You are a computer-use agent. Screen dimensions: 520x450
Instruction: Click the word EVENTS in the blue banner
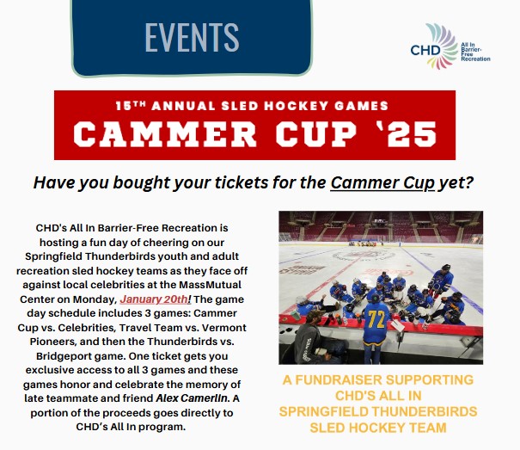tap(192, 37)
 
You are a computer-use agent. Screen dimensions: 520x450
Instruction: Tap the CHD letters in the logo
tap(425, 51)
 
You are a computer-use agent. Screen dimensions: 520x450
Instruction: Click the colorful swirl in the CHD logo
tap(442, 46)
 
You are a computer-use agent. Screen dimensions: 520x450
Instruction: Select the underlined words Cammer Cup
tap(382, 182)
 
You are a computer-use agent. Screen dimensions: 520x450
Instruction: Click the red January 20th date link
tap(154, 299)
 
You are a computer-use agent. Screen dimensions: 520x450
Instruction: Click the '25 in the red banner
tap(410, 133)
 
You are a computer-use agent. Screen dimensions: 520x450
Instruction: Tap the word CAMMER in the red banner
tap(165, 133)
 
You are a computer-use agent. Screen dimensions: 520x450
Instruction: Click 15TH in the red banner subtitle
tap(131, 106)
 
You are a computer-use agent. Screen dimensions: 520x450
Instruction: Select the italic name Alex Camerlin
tap(193, 398)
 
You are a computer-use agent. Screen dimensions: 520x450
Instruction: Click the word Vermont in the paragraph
tap(223, 328)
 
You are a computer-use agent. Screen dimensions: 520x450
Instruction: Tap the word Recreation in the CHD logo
tap(475, 59)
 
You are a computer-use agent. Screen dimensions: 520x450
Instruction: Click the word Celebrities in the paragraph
tap(87, 328)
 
